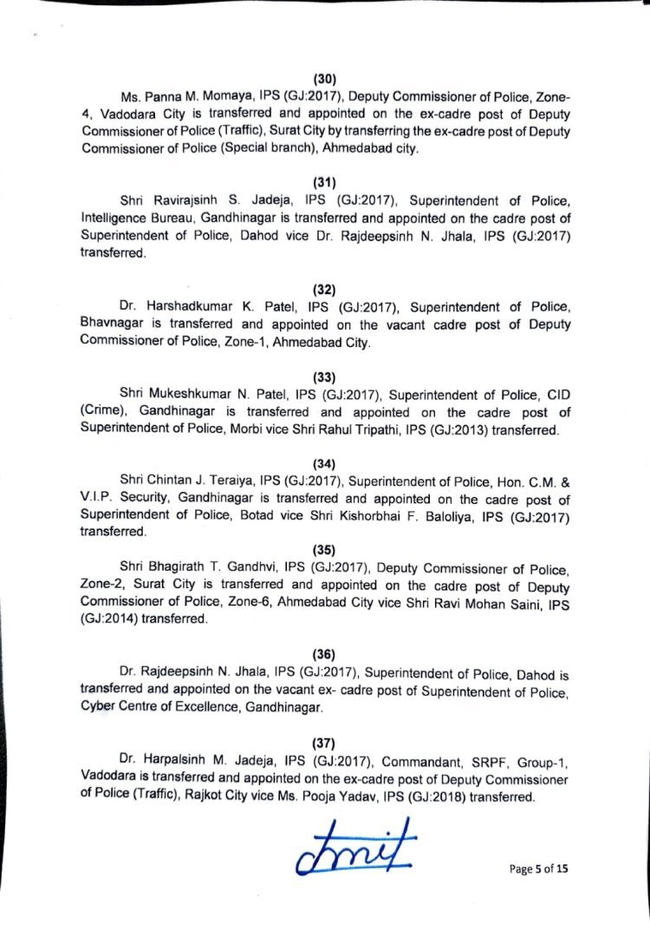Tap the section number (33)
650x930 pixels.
click(x=324, y=377)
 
